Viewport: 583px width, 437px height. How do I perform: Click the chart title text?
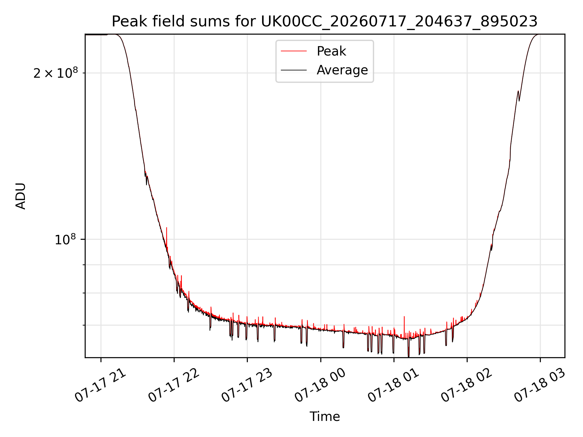click(325, 22)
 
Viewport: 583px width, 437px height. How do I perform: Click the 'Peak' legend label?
click(331, 51)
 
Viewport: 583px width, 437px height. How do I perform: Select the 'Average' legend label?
click(342, 70)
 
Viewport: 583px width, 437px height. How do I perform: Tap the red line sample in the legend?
click(294, 51)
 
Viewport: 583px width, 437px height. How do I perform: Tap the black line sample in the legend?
click(294, 70)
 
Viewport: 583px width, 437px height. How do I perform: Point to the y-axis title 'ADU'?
click(21, 196)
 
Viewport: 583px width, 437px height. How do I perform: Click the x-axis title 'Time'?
click(325, 417)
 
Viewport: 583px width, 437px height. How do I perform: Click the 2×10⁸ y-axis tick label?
click(56, 73)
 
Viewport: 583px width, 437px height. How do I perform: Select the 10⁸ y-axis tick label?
click(65, 239)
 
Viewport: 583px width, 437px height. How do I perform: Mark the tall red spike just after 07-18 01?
click(404, 325)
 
